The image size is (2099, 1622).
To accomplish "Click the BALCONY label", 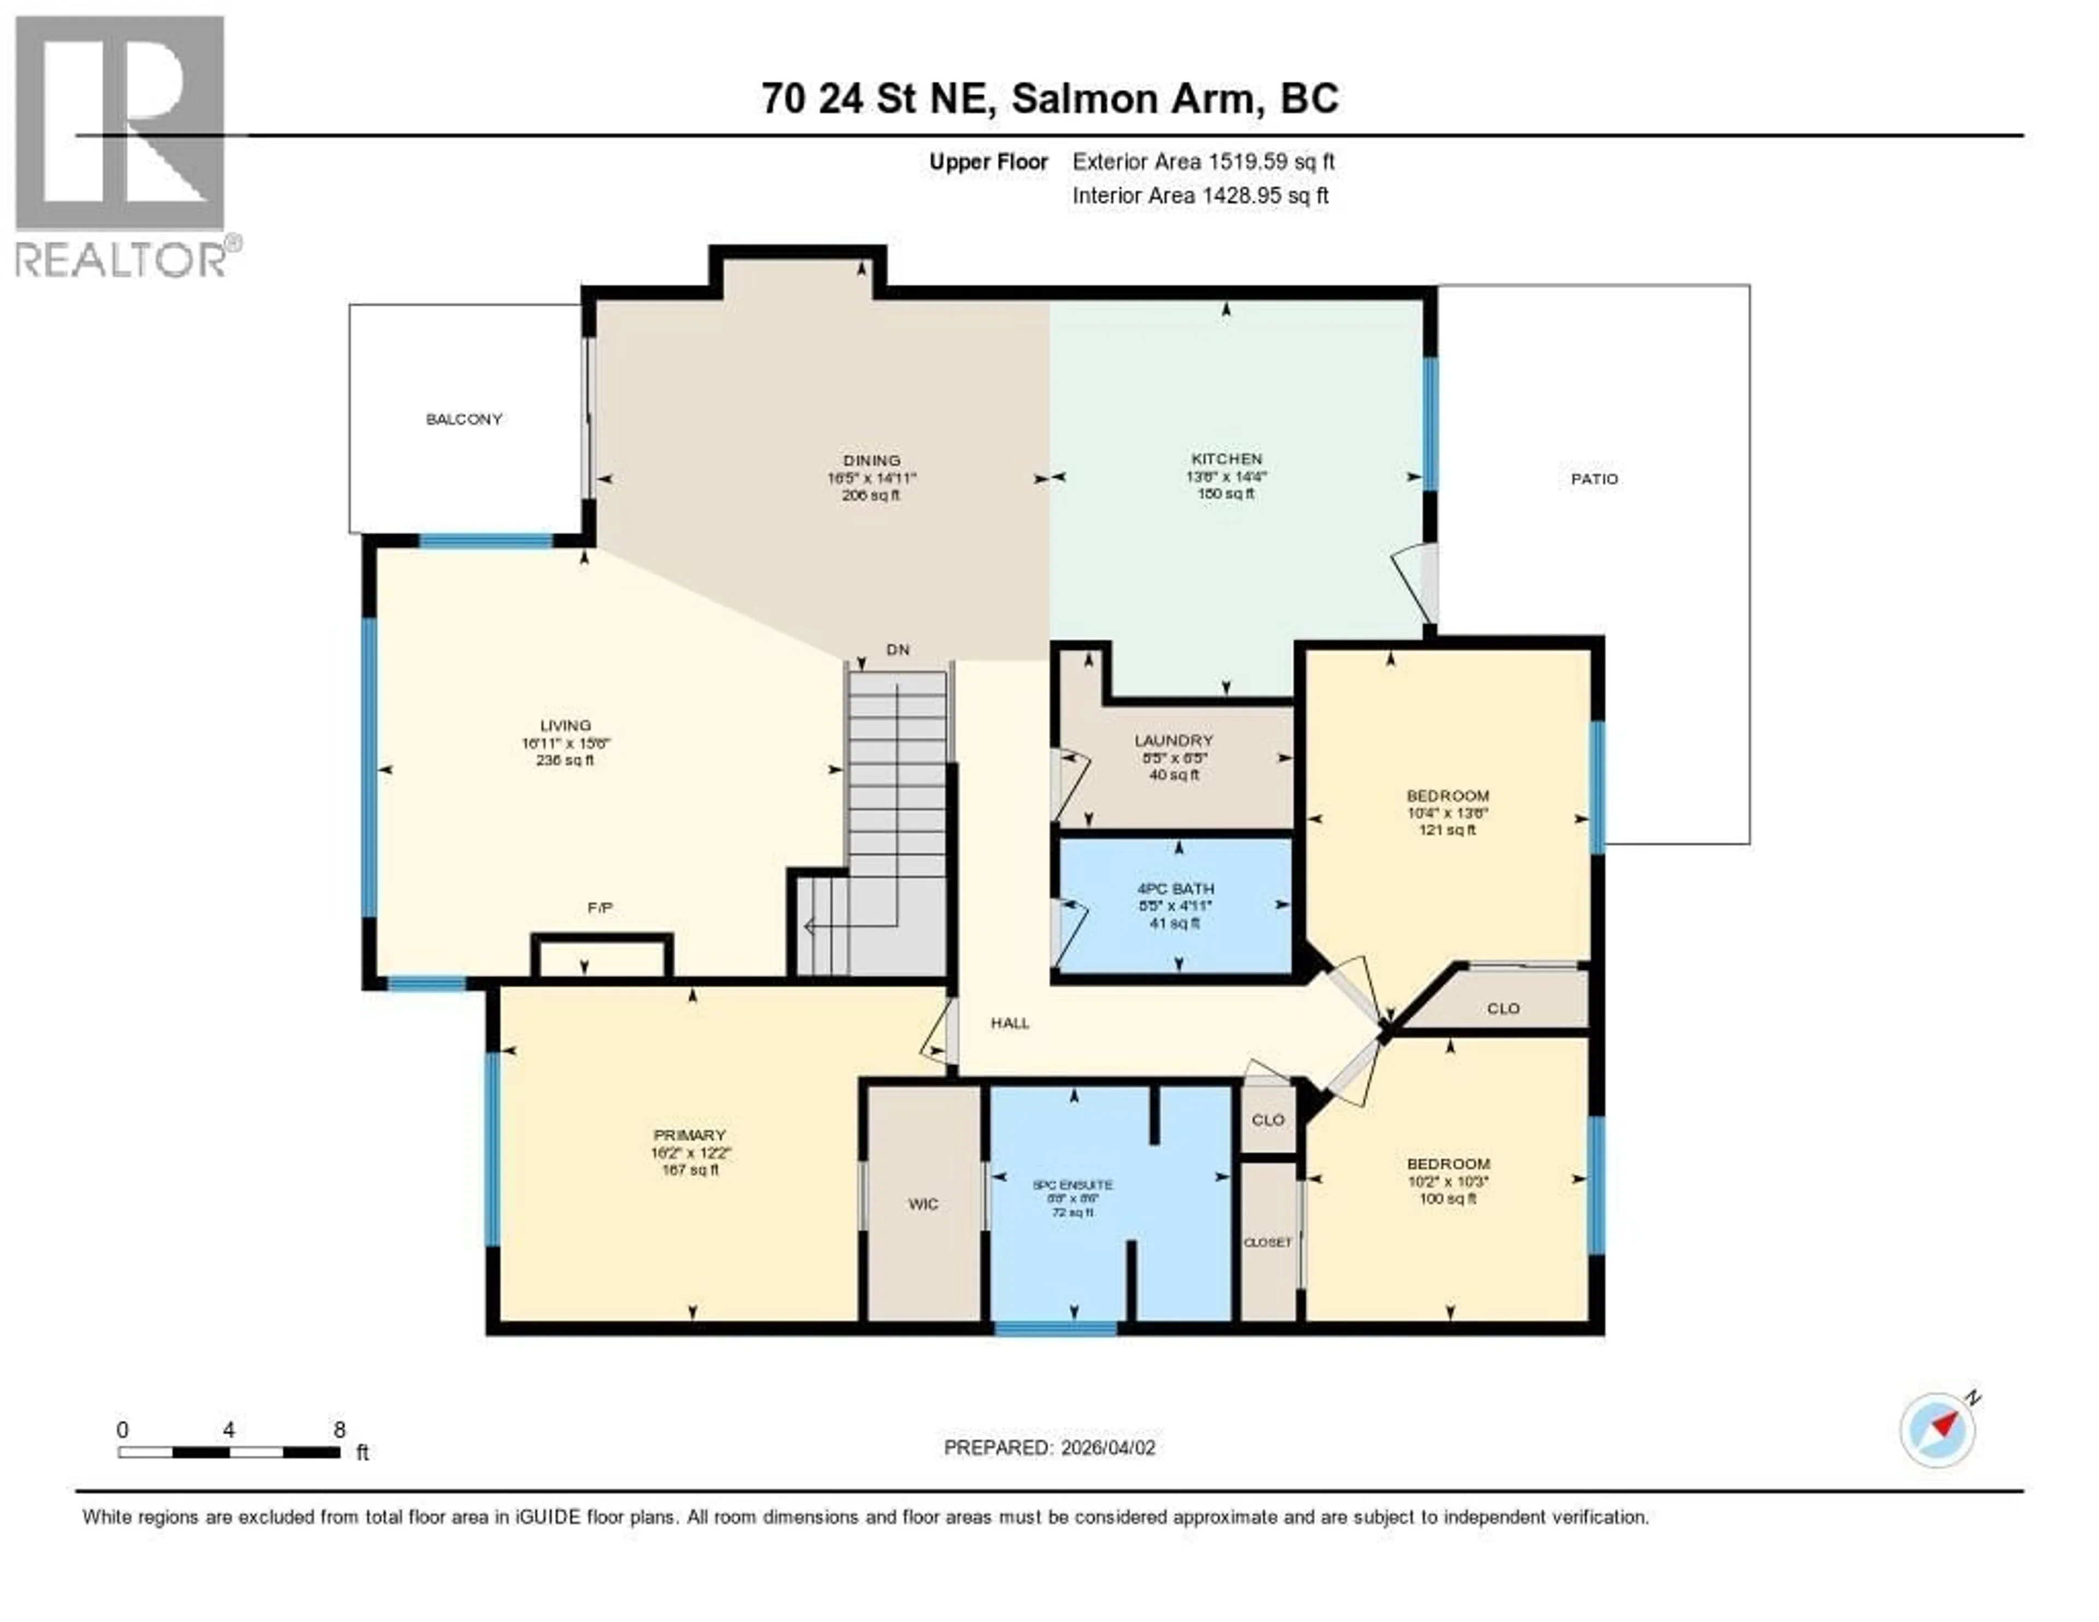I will coord(464,419).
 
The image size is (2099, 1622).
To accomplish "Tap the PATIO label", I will coord(1594,479).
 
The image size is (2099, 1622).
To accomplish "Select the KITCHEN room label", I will coord(1227,459).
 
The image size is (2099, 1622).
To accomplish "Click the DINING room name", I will coord(872,460).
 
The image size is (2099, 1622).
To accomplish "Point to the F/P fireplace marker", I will coord(600,908).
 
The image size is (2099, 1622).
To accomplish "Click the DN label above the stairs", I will coord(896,650).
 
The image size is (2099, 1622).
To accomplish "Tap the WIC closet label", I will coord(923,1204).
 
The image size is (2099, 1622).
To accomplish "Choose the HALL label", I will coord(1010,1023).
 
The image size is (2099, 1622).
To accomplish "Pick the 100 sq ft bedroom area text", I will coord(1447,1198).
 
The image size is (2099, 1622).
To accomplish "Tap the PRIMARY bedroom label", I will coord(689,1135).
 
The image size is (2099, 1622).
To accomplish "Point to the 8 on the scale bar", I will coord(339,1430).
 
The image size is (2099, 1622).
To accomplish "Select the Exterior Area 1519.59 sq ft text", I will coord(1203,161).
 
